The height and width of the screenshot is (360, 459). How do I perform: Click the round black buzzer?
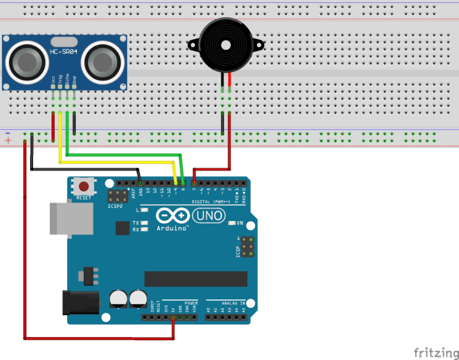[x=226, y=45]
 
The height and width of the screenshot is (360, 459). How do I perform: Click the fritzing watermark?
[x=433, y=351]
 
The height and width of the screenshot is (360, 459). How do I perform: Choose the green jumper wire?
[x=120, y=155]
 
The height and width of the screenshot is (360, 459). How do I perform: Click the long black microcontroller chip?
[x=196, y=279]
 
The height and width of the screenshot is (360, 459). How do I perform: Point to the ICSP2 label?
[x=115, y=206]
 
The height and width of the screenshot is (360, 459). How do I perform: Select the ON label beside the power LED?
[x=240, y=223]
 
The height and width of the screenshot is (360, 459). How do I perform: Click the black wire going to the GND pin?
[x=84, y=169]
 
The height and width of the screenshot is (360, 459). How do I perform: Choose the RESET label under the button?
[x=84, y=197]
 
